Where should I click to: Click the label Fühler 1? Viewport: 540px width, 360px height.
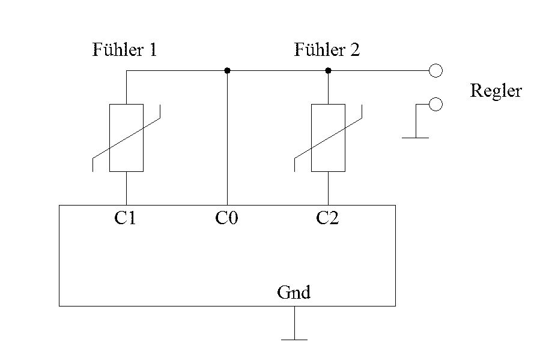pyautogui.click(x=124, y=50)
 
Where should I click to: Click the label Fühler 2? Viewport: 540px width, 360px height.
pyautogui.click(x=327, y=50)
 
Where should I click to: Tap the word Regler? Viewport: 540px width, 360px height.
pyautogui.click(x=496, y=91)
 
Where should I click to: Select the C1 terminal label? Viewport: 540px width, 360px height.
pyautogui.click(x=126, y=218)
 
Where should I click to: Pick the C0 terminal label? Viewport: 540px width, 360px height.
pyautogui.click(x=226, y=218)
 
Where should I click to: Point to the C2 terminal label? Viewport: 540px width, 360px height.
pyautogui.click(x=327, y=218)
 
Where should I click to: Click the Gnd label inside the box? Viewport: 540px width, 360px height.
pyautogui.click(x=294, y=293)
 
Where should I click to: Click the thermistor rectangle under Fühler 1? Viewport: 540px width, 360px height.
pyautogui.click(x=126, y=138)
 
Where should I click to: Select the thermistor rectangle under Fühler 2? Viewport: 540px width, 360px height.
pyautogui.click(x=328, y=138)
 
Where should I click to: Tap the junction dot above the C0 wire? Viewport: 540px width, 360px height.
pyautogui.click(x=227, y=71)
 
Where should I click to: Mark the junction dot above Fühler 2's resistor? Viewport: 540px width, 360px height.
pyautogui.click(x=328, y=71)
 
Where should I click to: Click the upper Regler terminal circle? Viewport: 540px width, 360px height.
pyautogui.click(x=436, y=71)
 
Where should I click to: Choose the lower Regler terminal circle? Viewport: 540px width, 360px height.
pyautogui.click(x=436, y=105)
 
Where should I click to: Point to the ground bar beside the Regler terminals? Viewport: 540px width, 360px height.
pyautogui.click(x=415, y=138)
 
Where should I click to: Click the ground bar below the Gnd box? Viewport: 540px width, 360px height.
pyautogui.click(x=294, y=340)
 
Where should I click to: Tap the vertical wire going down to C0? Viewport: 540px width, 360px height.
pyautogui.click(x=227, y=138)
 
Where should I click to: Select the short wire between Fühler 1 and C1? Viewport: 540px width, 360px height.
pyautogui.click(x=126, y=188)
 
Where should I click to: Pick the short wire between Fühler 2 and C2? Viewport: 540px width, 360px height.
pyautogui.click(x=328, y=188)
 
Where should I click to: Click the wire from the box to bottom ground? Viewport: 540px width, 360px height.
pyautogui.click(x=294, y=323)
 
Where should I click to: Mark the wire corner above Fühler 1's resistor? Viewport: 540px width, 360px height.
pyautogui.click(x=126, y=71)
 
